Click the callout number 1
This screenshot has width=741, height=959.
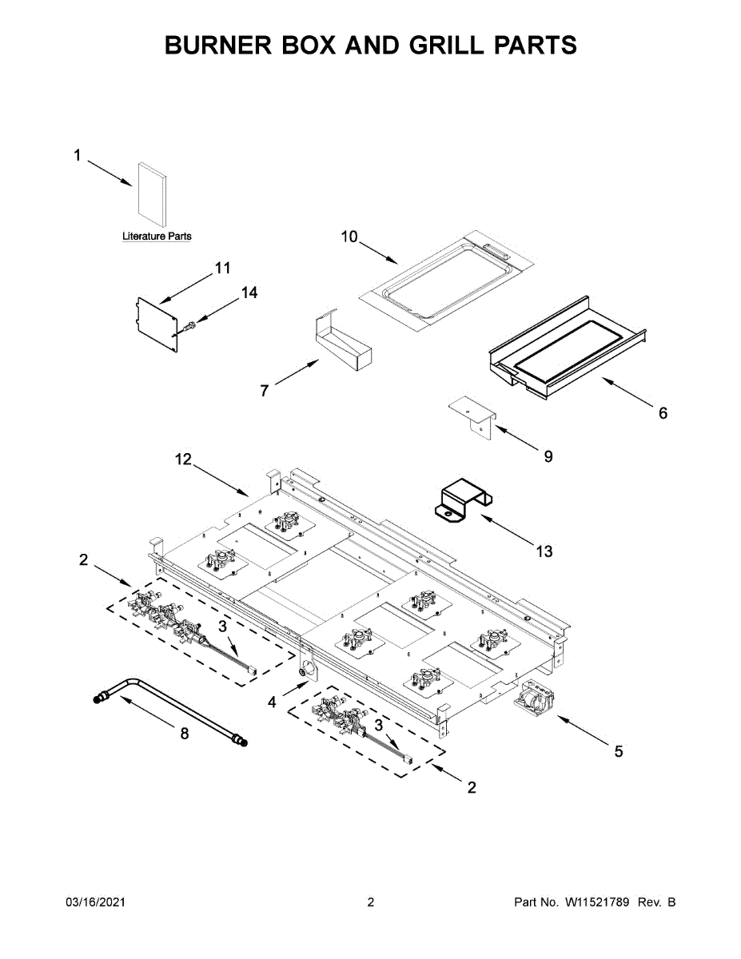coord(78,156)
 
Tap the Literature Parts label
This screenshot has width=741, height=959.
coord(157,237)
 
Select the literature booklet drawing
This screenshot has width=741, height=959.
coord(152,193)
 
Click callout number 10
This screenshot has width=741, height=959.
coord(349,237)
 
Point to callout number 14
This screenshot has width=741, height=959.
coord(249,293)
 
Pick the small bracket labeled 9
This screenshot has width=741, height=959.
coord(473,415)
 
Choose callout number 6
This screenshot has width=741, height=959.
coord(663,413)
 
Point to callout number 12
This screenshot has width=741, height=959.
coord(184,460)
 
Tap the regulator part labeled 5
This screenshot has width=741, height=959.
coord(532,698)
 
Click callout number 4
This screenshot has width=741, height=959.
coord(273,702)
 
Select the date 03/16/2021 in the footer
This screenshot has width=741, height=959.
coord(95,902)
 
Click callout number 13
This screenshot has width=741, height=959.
coord(544,551)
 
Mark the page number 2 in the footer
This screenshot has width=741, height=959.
coord(370,902)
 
